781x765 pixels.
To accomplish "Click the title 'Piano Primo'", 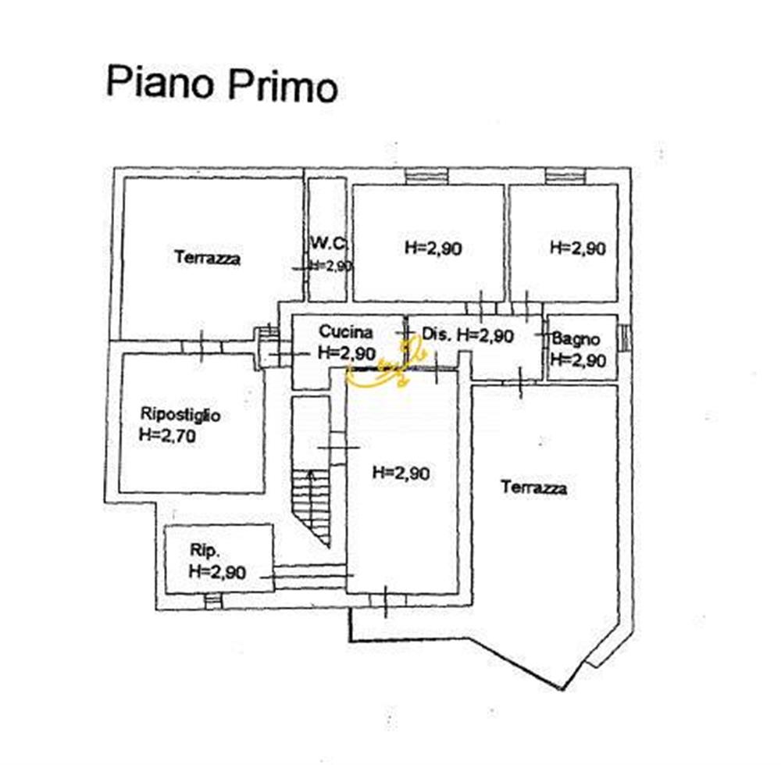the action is click(222, 84).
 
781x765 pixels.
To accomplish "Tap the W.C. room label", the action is click(329, 244).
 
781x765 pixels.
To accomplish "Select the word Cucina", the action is click(346, 332).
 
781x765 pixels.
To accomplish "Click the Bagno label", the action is click(576, 339).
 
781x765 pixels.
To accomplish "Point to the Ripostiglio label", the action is click(180, 415).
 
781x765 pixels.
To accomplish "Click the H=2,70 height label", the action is click(167, 435).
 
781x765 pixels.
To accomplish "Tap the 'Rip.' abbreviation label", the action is click(205, 551).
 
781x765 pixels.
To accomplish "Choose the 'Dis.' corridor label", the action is click(437, 334).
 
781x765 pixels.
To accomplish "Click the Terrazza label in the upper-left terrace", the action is click(207, 258).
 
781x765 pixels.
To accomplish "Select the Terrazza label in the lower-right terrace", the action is click(534, 487).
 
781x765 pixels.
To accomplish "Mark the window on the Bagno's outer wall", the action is click(625, 337).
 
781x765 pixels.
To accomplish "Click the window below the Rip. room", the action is click(212, 601).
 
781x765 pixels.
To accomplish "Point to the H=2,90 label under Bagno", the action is click(578, 359).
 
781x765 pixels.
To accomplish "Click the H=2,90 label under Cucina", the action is click(347, 353).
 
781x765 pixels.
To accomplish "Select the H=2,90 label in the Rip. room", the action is click(217, 572).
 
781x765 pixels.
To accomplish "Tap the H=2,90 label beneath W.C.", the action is click(330, 266).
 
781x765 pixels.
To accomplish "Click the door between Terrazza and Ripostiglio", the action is click(201, 347).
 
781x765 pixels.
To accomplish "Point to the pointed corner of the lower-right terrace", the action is click(560, 688).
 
